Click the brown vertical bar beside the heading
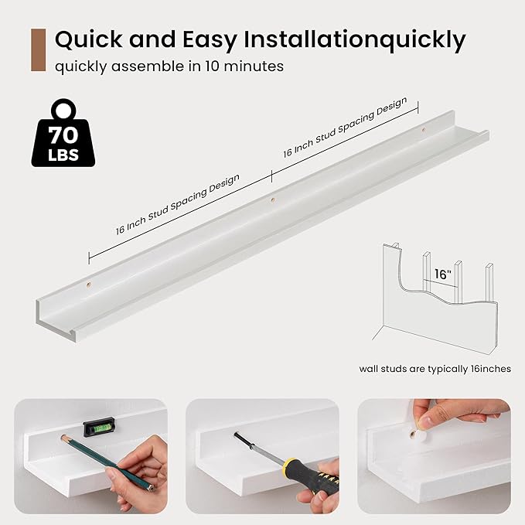(38, 50)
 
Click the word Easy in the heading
(210, 40)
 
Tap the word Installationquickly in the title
(355, 40)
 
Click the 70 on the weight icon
(63, 135)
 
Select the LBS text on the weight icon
(63, 155)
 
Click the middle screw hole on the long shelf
(272, 200)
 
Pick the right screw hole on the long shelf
(423, 129)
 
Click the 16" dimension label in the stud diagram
(442, 274)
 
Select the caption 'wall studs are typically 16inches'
(435, 369)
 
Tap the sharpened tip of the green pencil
(62, 436)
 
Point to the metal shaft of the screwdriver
(257, 447)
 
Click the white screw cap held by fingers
(416, 435)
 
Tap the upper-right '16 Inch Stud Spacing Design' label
(345, 127)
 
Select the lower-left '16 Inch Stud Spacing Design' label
(178, 204)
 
